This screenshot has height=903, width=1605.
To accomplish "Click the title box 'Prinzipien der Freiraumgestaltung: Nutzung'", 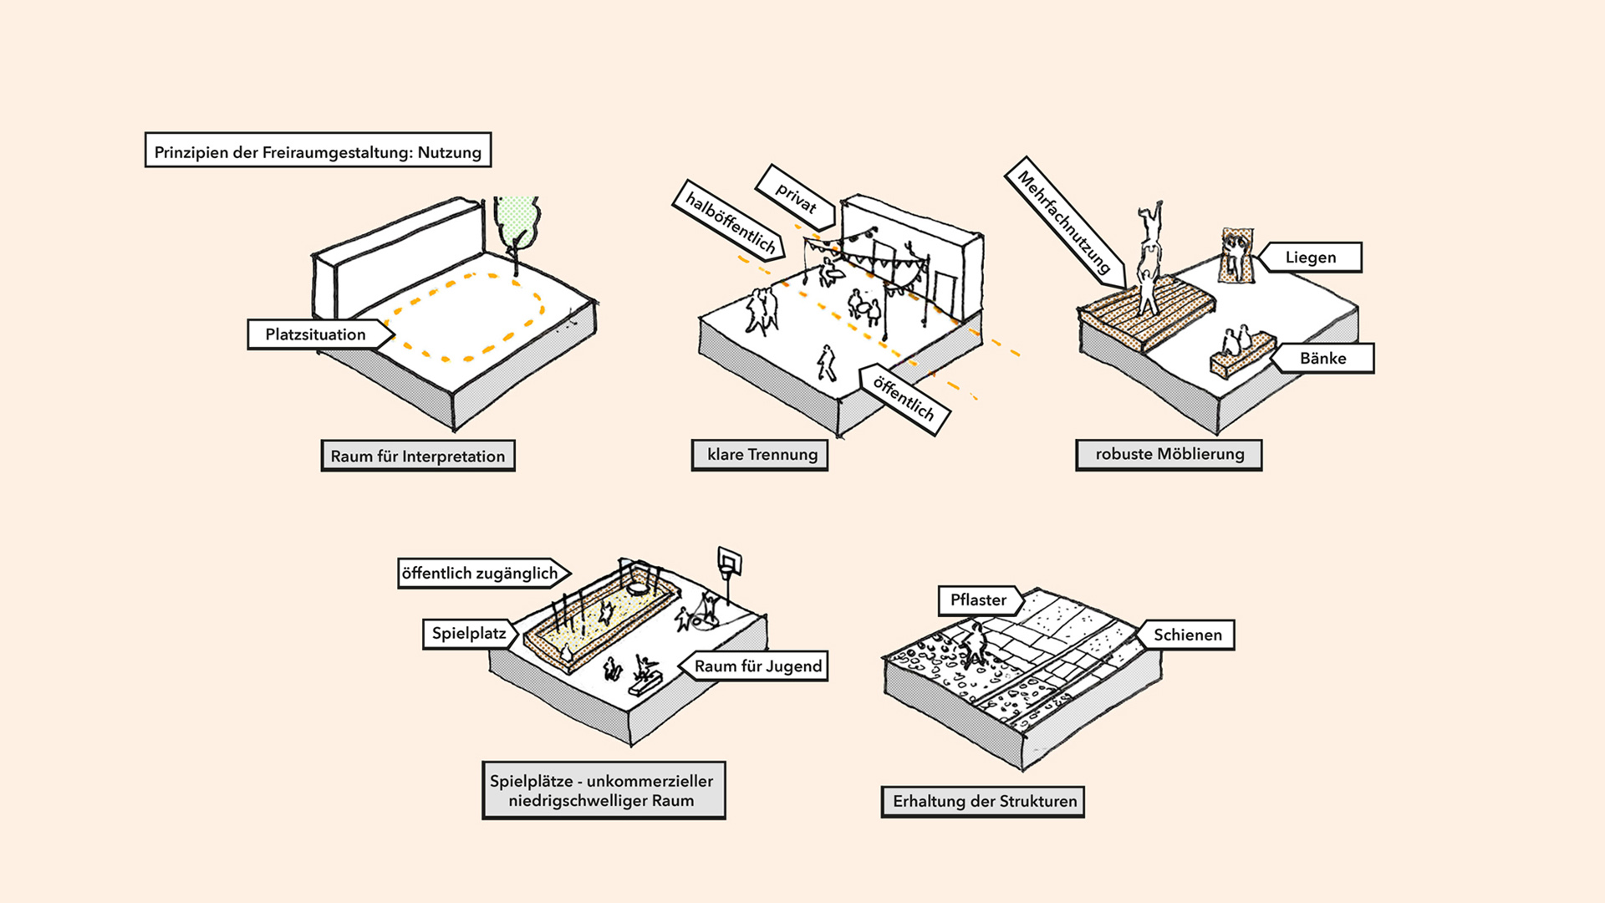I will (x=318, y=150).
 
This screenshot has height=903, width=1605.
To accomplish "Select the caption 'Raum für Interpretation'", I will (x=418, y=456).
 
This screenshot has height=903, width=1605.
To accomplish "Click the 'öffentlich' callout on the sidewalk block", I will (x=904, y=398).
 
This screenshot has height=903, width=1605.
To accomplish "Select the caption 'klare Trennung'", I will (x=760, y=455).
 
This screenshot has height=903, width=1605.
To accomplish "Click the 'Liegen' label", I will (x=1310, y=258).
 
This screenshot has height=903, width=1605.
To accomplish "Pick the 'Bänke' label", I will (x=1322, y=358).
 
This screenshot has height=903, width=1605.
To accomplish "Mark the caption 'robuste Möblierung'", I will (x=1169, y=455).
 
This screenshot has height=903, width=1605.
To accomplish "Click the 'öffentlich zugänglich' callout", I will (x=481, y=574).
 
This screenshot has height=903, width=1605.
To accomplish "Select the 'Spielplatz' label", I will (x=468, y=634).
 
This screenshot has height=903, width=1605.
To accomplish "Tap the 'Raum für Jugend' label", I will (x=758, y=666).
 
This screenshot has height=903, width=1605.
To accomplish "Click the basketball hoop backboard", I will (x=730, y=561).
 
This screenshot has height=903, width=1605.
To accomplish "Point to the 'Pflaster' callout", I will (x=978, y=600).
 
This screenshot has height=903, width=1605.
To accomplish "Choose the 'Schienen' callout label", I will (x=1187, y=635).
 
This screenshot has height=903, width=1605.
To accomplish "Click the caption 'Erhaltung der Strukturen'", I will (x=983, y=801).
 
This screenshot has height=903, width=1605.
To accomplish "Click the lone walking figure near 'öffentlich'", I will (x=826, y=363).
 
